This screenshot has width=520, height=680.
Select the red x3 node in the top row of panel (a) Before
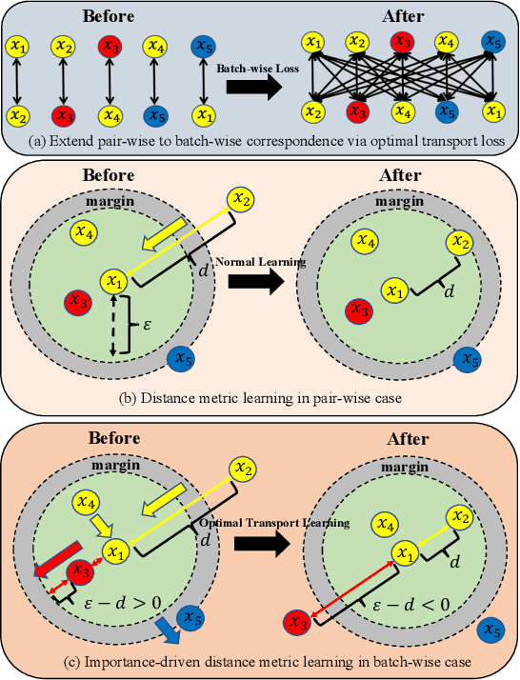pos(110,45)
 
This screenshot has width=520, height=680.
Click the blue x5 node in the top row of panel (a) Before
pos(203,45)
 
